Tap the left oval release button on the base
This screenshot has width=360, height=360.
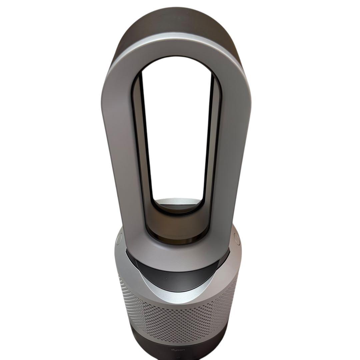pyautogui.click(x=119, y=238)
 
